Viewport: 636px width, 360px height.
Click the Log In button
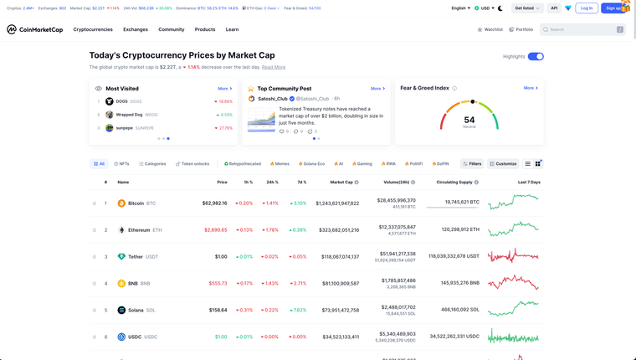[x=587, y=8]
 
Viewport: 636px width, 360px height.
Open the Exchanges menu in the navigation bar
[x=136, y=29]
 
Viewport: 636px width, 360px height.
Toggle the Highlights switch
[x=536, y=56]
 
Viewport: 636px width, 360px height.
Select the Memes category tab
[x=280, y=164]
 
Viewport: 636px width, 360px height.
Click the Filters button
[x=472, y=164]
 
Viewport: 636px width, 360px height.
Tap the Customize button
[x=504, y=164]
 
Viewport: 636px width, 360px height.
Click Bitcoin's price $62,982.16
[x=215, y=203]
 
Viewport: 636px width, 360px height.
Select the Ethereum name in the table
[x=139, y=230]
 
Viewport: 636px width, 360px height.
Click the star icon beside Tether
[x=95, y=257]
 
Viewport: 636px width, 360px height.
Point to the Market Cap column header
[x=341, y=182]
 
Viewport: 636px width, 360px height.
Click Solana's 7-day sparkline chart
[x=514, y=310]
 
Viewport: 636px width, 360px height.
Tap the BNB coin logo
[x=121, y=284]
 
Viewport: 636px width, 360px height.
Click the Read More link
[x=274, y=67]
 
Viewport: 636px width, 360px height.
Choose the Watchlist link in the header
[x=490, y=29]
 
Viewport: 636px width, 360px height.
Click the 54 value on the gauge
[x=469, y=120]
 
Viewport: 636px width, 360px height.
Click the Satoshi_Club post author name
[x=273, y=99]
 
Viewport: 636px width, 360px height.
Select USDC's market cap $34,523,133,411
[x=337, y=337]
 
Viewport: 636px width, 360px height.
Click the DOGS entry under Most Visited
[x=123, y=101]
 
